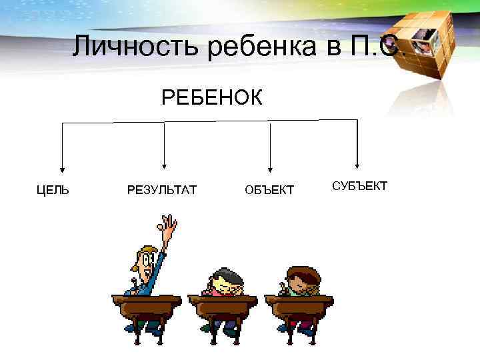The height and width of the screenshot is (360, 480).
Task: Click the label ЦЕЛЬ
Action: tap(53, 191)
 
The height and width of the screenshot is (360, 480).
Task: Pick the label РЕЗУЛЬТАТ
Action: tap(161, 191)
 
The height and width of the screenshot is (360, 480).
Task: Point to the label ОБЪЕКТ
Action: tap(269, 191)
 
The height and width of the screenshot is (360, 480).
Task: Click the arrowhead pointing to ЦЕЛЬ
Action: tap(62, 168)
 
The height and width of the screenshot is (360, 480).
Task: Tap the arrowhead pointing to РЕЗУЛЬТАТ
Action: tap(165, 166)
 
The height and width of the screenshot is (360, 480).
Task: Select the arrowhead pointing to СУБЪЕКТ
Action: tap(358, 163)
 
